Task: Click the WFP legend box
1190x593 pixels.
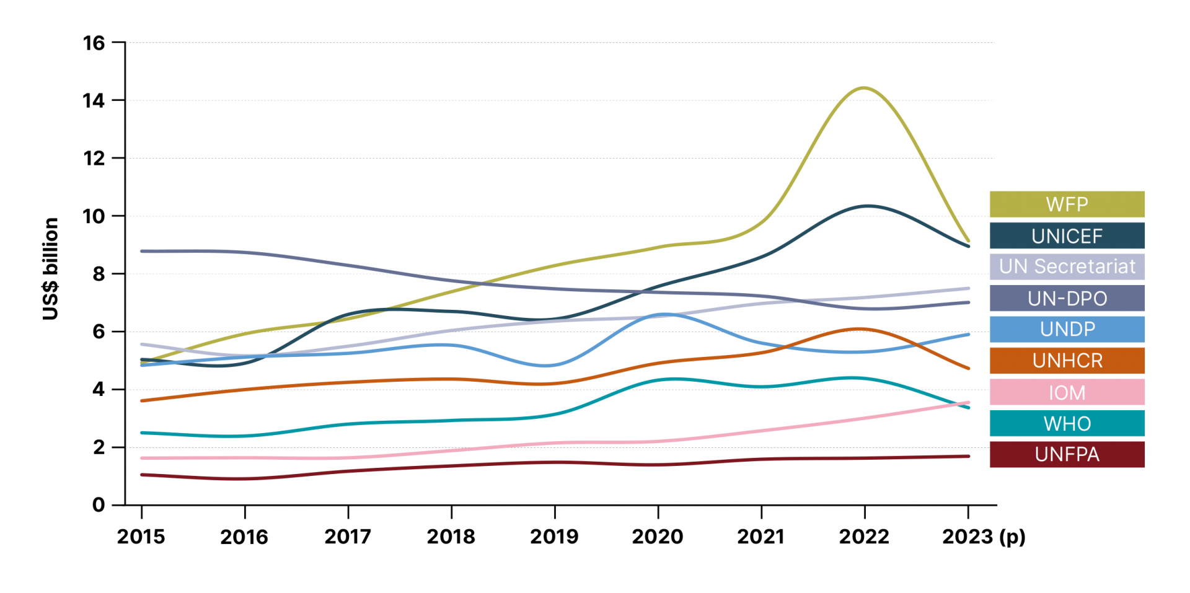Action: tap(1067, 204)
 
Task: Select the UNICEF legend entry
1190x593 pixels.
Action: tap(1067, 235)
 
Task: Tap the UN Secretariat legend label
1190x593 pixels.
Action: tap(1067, 266)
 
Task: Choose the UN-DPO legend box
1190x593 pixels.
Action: tap(1067, 298)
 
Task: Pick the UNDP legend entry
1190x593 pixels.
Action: tap(1067, 329)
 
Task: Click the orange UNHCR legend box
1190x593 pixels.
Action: tap(1067, 361)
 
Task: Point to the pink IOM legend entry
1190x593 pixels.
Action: tap(1067, 392)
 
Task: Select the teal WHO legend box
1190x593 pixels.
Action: tap(1067, 423)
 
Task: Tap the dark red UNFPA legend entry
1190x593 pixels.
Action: tap(1067, 454)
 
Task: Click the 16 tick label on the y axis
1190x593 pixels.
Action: tap(94, 43)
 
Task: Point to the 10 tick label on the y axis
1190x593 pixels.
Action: tap(94, 216)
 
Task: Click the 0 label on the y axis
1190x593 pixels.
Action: tap(99, 505)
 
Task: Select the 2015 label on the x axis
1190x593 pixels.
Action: tap(141, 537)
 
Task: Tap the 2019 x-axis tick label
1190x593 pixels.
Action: tap(554, 537)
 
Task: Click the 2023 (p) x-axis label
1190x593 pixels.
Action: tap(984, 537)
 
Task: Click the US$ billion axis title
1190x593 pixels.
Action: tap(51, 268)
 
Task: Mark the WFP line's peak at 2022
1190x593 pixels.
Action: tap(864, 88)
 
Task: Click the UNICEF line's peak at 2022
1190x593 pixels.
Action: tap(866, 206)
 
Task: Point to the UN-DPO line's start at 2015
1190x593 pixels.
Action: tap(142, 251)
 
